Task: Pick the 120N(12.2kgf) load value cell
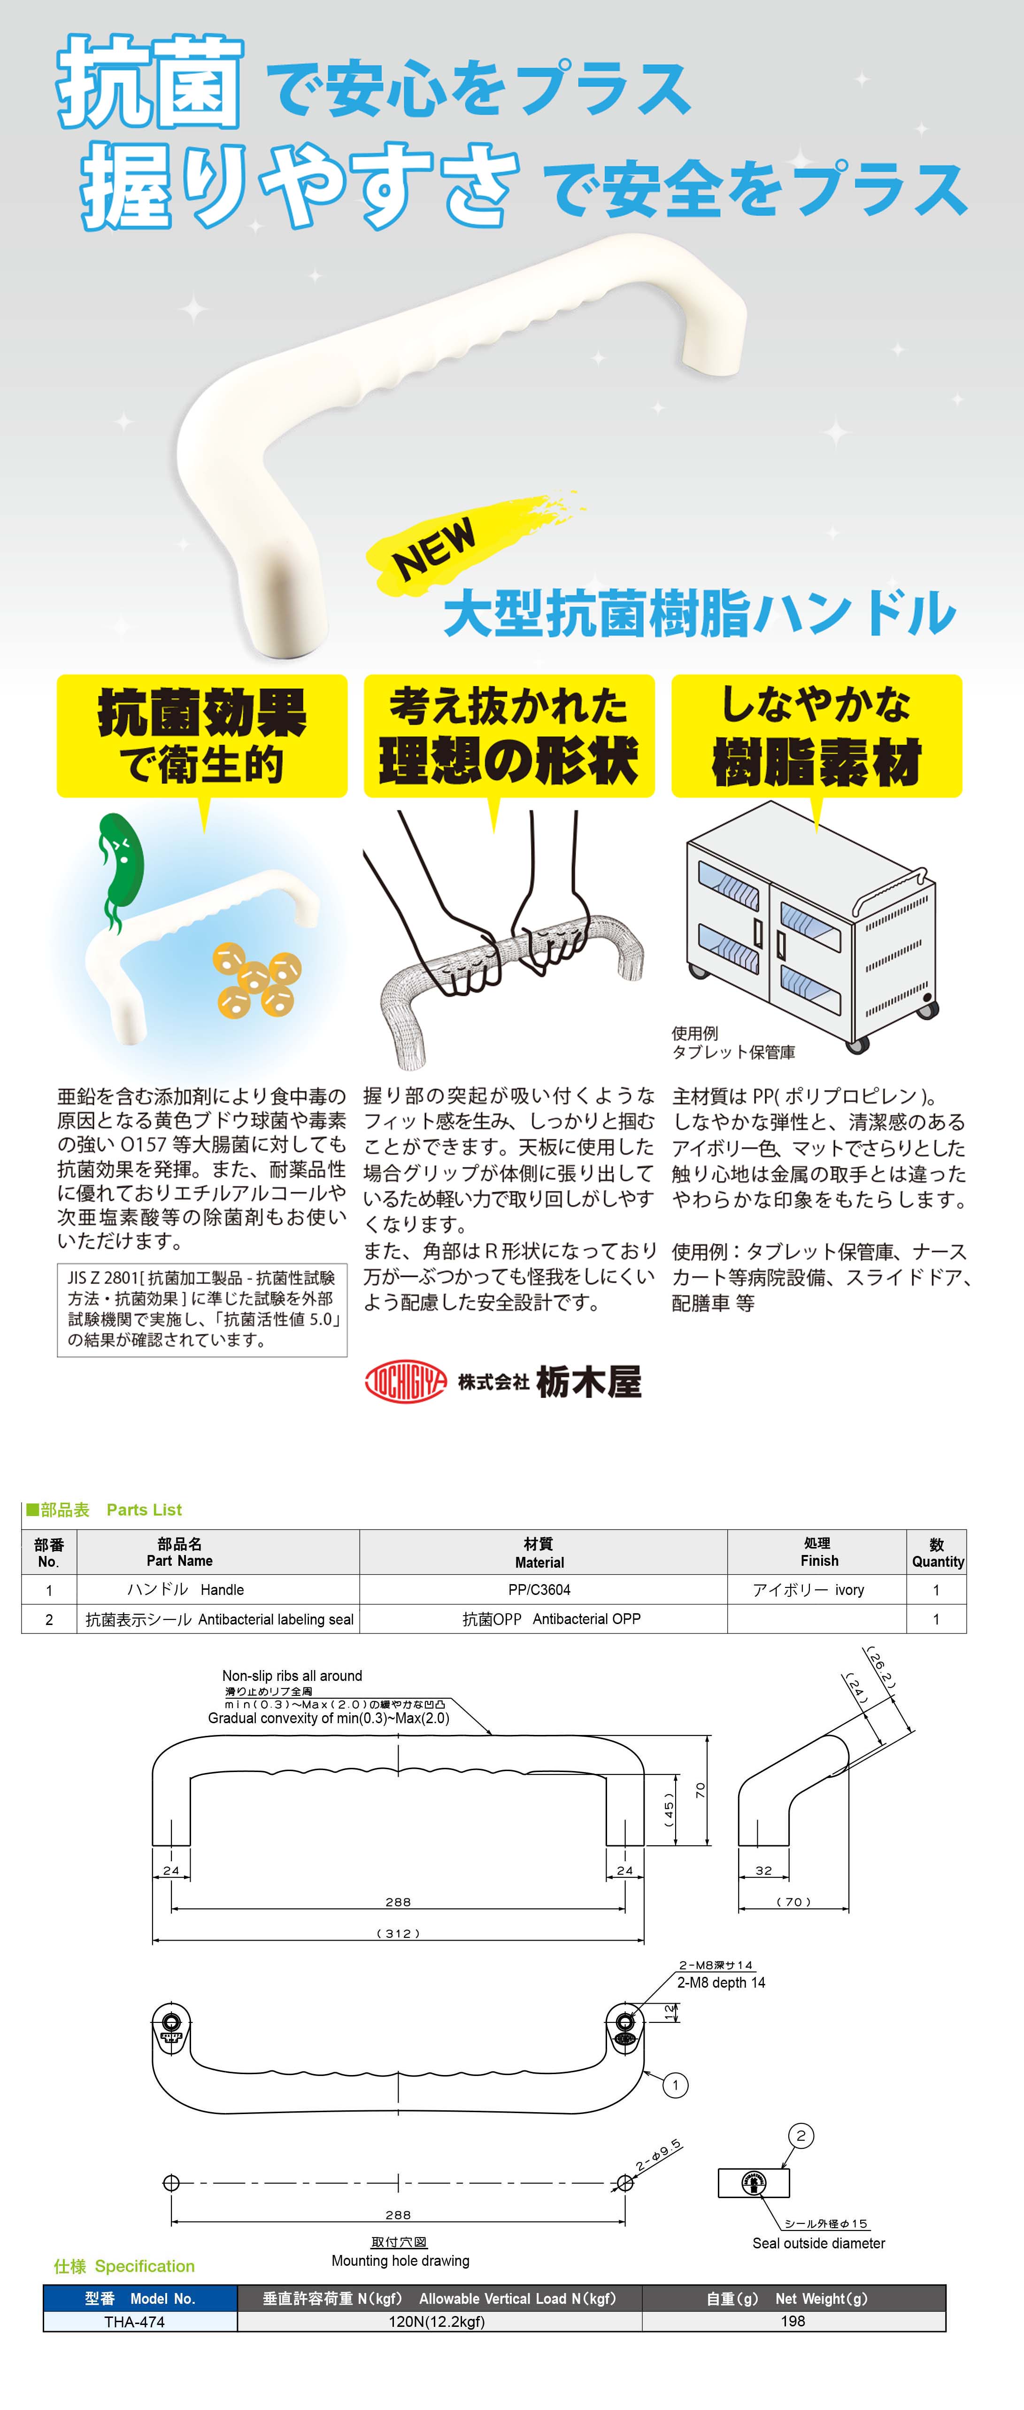[437, 2321]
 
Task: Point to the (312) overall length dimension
[398, 1933]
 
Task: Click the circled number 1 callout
[675, 2084]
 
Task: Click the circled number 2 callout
[801, 2135]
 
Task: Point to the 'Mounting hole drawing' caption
[400, 2260]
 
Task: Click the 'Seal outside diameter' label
[818, 2243]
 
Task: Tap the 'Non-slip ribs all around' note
[292, 1676]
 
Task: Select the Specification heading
[124, 2266]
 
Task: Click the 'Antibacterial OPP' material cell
[552, 1618]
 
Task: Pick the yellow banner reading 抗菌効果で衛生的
[202, 736]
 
